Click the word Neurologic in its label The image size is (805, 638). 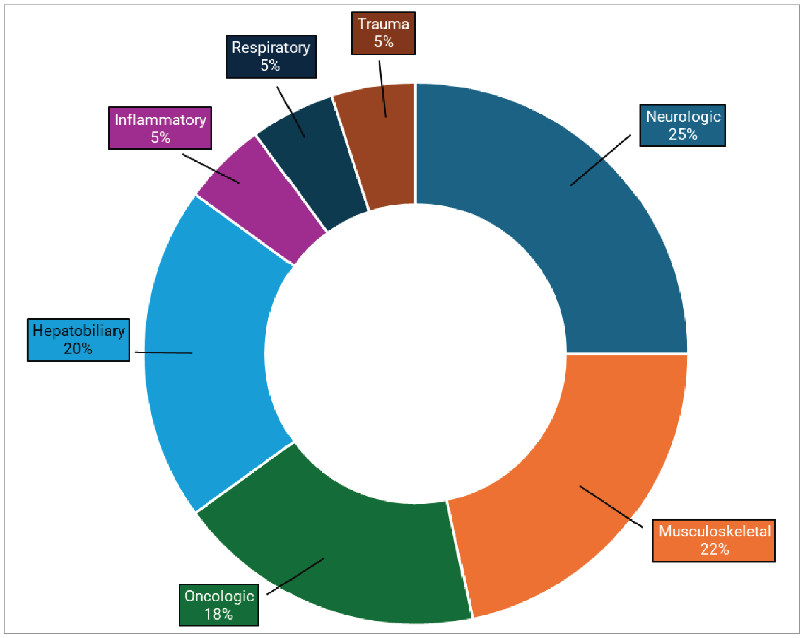coord(683,116)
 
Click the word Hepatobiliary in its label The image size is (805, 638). coord(78,331)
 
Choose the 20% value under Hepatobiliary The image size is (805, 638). coord(78,349)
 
